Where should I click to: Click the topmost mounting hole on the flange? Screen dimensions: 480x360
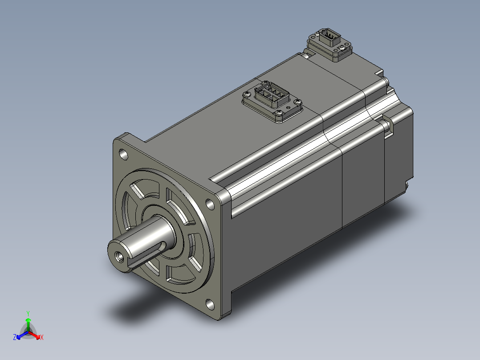(124, 154)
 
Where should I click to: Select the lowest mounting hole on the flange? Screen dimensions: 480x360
(210, 304)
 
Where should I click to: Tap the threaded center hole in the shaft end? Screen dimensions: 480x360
(119, 257)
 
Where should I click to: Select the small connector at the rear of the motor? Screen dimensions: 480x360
(329, 45)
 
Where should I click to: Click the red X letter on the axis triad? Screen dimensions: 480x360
(42, 337)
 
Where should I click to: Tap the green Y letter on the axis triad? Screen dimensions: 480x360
(28, 314)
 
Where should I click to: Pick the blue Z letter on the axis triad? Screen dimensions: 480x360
(15, 337)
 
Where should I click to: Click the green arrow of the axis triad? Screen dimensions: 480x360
(28, 324)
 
